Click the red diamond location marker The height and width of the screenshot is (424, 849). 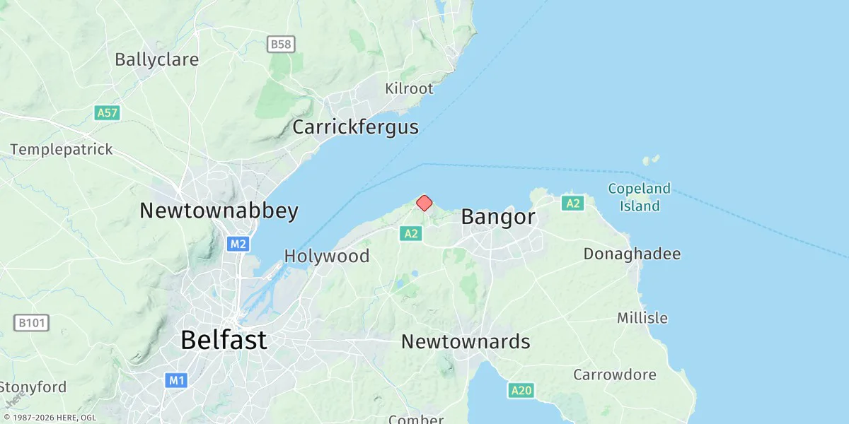coord(424,204)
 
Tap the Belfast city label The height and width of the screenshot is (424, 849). coord(224,340)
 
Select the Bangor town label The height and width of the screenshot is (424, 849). coord(498,217)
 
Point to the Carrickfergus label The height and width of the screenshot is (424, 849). coord(355,127)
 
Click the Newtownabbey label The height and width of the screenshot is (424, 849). coord(219,211)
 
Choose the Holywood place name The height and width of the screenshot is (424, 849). coord(327,256)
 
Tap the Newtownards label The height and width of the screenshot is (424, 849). coord(466,342)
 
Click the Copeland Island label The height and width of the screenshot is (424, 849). coord(640,197)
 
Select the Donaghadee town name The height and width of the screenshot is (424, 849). coord(632,254)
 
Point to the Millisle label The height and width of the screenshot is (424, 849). coord(642,318)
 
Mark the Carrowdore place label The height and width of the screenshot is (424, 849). coord(615,375)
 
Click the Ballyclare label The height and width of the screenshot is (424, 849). coord(156,59)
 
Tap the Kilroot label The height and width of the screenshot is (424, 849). coord(408,89)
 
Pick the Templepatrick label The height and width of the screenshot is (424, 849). coord(62,150)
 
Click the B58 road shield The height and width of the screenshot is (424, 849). coord(281,45)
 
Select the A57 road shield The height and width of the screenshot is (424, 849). coord(106,112)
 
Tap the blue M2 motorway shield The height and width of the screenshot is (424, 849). coord(238,244)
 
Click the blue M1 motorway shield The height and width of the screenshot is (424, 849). coord(176,381)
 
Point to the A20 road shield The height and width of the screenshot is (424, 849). coord(521,390)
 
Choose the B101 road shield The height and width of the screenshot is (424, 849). coord(32,323)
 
